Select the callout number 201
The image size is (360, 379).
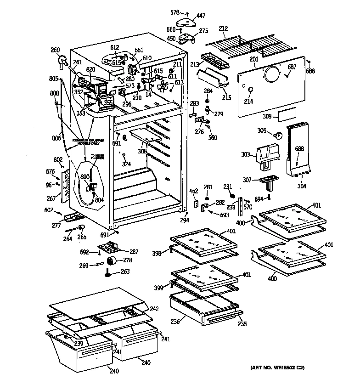pyautogui.click(x=254, y=58)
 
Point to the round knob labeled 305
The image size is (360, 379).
pyautogui.click(x=279, y=134)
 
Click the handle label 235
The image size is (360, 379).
pyautogui.click(x=242, y=324)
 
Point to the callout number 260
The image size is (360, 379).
pyautogui.click(x=55, y=50)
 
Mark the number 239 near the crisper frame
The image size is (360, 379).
pyautogui.click(x=79, y=343)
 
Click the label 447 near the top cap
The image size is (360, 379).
pyautogui.click(x=201, y=16)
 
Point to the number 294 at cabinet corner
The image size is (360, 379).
pyautogui.click(x=184, y=220)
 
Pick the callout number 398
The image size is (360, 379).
pyautogui.click(x=156, y=253)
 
